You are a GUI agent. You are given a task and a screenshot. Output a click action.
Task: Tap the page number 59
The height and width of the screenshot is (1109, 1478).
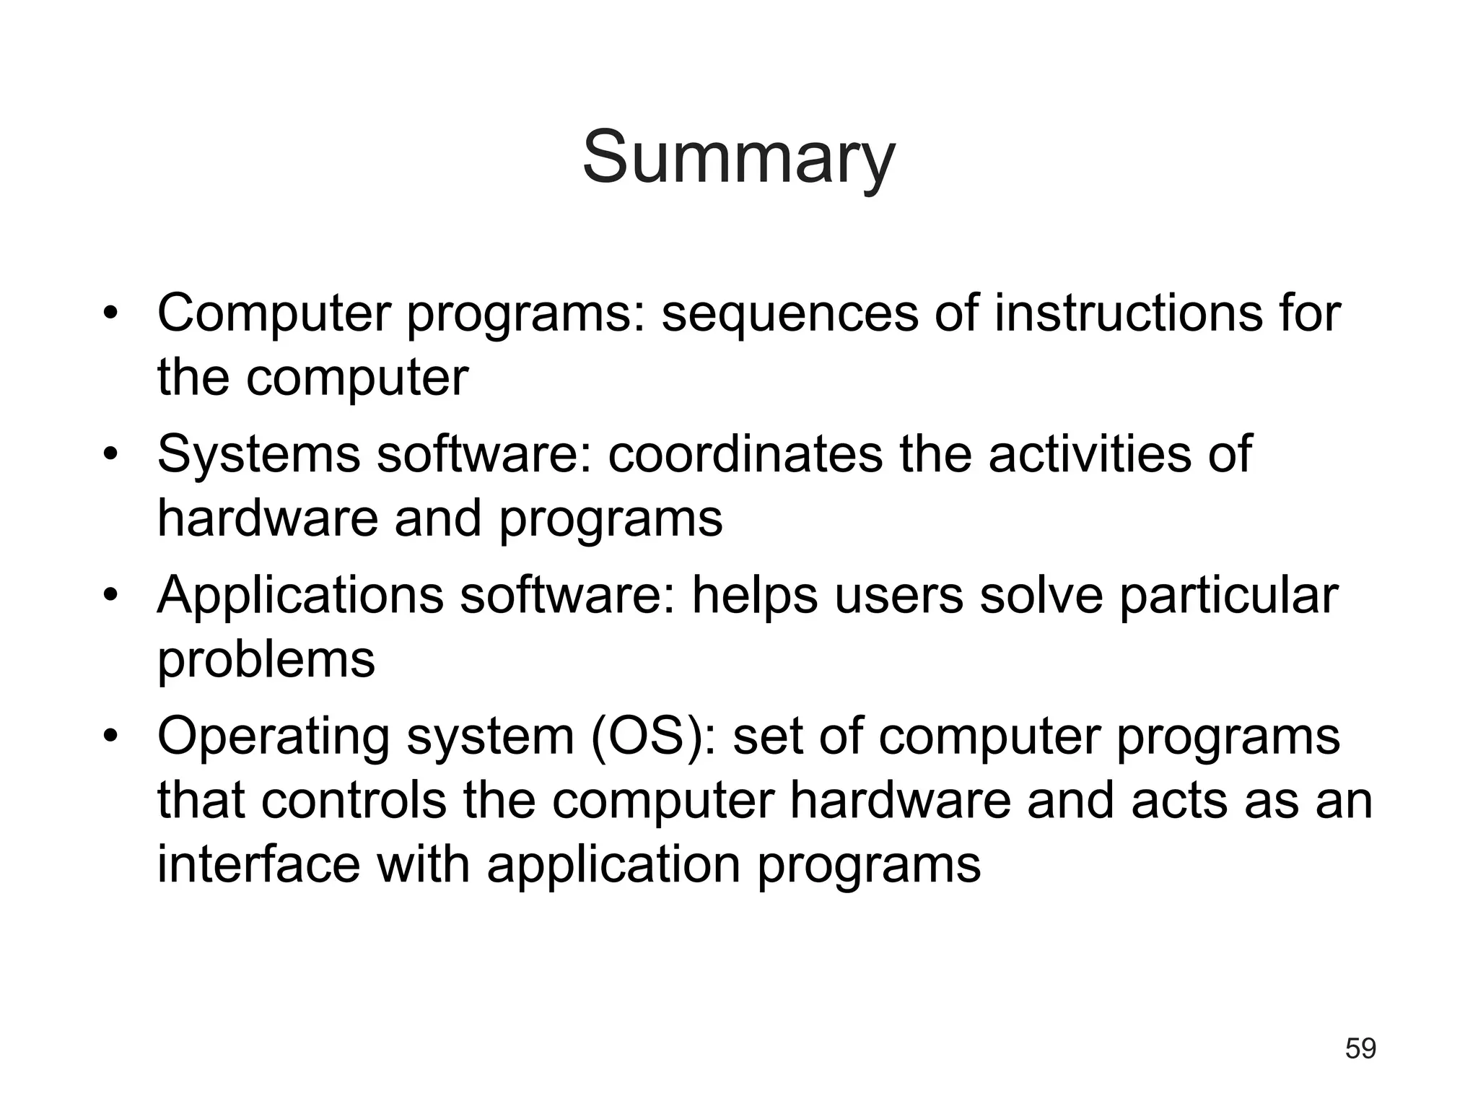point(1360,1048)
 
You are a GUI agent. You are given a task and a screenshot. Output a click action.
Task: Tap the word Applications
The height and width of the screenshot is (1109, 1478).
point(300,596)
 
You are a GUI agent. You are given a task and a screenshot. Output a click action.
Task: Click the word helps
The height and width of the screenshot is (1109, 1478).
point(755,596)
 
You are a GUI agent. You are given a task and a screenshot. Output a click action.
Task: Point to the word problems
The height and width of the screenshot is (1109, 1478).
point(266,660)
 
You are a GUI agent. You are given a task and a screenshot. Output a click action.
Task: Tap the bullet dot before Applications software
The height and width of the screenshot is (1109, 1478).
point(110,596)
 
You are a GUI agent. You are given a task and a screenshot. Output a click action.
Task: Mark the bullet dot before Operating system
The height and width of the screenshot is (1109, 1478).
point(110,736)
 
